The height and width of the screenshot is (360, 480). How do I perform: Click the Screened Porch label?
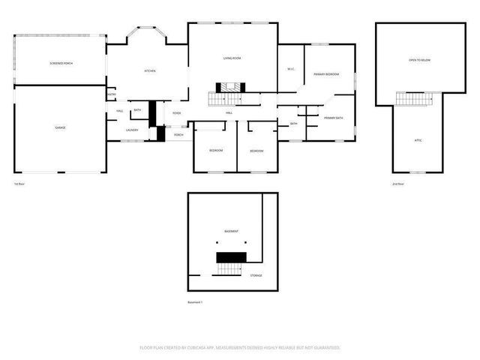coord(61,64)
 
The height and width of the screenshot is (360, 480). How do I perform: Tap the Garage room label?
coord(60,127)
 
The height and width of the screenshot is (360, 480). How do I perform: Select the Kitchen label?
coord(150,71)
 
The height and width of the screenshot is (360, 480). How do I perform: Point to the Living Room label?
coord(232,58)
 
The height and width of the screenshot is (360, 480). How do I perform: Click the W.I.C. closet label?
coord(290,70)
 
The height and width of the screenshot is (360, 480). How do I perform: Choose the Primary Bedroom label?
coord(327,74)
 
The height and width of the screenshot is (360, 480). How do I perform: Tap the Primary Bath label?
coord(334,118)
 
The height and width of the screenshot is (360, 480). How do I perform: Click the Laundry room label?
coord(132,130)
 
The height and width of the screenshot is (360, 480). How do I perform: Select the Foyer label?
coord(176,113)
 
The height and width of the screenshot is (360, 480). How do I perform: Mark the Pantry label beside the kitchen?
coord(112,94)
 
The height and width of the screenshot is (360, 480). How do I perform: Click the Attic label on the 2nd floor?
coord(418,140)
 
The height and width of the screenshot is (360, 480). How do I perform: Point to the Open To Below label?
coord(418,59)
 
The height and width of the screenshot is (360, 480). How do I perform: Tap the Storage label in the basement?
coord(256,276)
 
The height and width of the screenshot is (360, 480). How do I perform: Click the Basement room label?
coord(232,231)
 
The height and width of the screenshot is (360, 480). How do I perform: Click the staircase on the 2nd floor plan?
coord(418,99)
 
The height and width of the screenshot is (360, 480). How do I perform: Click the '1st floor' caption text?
coord(20,184)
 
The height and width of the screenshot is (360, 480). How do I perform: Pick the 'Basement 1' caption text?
coord(195,302)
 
